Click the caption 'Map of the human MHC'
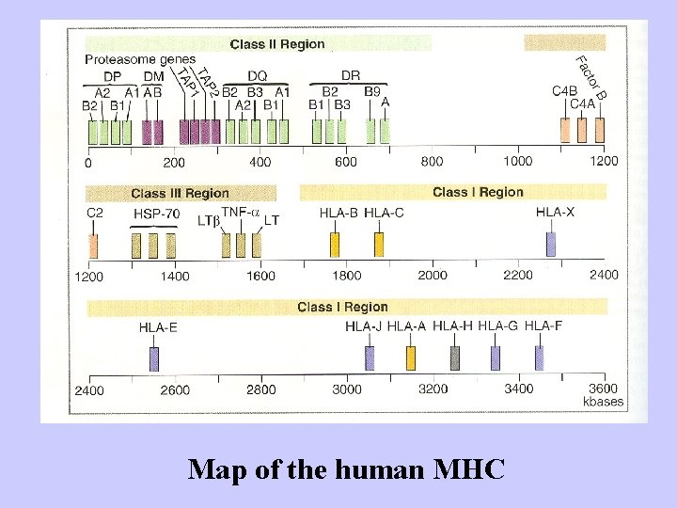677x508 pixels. point(346,468)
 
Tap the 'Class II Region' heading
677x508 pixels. point(277,43)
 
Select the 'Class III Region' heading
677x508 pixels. point(180,193)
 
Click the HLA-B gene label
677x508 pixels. point(338,213)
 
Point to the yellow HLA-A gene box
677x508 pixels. point(411,357)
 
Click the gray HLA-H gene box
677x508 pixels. point(455,357)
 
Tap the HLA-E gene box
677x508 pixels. point(154,358)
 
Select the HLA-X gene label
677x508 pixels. point(555,213)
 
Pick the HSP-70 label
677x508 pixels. point(156,214)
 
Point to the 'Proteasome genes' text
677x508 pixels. point(140,59)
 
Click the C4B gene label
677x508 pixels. point(564,91)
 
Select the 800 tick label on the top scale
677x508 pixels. point(432,161)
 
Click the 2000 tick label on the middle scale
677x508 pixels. point(432,275)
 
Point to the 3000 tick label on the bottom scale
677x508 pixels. point(346,389)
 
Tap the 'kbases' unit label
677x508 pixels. point(603,402)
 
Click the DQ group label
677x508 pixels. point(257,75)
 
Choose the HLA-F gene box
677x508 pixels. point(540,357)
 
